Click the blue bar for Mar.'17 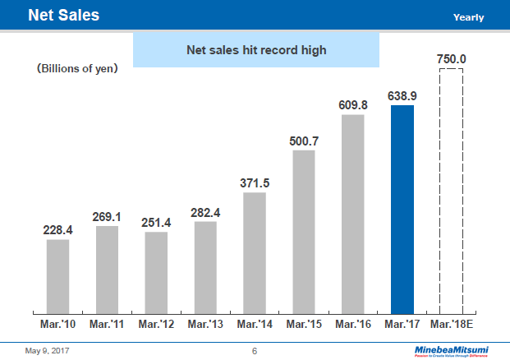(402, 210)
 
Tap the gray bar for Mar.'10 (57, 276)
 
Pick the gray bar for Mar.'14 (255, 252)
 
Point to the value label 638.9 (402, 96)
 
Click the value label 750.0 (452, 59)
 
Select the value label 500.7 (304, 141)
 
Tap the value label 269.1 (107, 217)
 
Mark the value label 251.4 (156, 223)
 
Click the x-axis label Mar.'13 (205, 325)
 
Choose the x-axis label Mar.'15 (304, 325)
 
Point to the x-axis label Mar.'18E (453, 325)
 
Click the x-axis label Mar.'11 (107, 325)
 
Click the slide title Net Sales (63, 15)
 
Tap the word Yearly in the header (468, 17)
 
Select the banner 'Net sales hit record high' (255, 50)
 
